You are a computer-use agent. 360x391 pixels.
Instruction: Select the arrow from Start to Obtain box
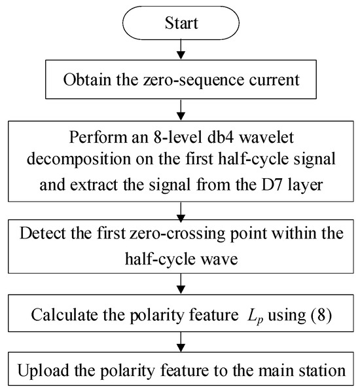tap(181, 49)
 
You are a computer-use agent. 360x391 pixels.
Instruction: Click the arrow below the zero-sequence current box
tap(181, 110)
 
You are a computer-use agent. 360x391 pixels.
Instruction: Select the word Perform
tap(98, 137)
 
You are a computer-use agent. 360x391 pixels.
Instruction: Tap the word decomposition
tap(79, 160)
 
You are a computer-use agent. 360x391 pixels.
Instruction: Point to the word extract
tap(94, 185)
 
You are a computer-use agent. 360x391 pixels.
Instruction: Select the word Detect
tap(43, 233)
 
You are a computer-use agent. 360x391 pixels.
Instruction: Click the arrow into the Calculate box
tap(181, 284)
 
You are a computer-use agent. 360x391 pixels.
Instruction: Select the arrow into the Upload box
tap(181, 342)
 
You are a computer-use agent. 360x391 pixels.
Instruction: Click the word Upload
tap(43, 371)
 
